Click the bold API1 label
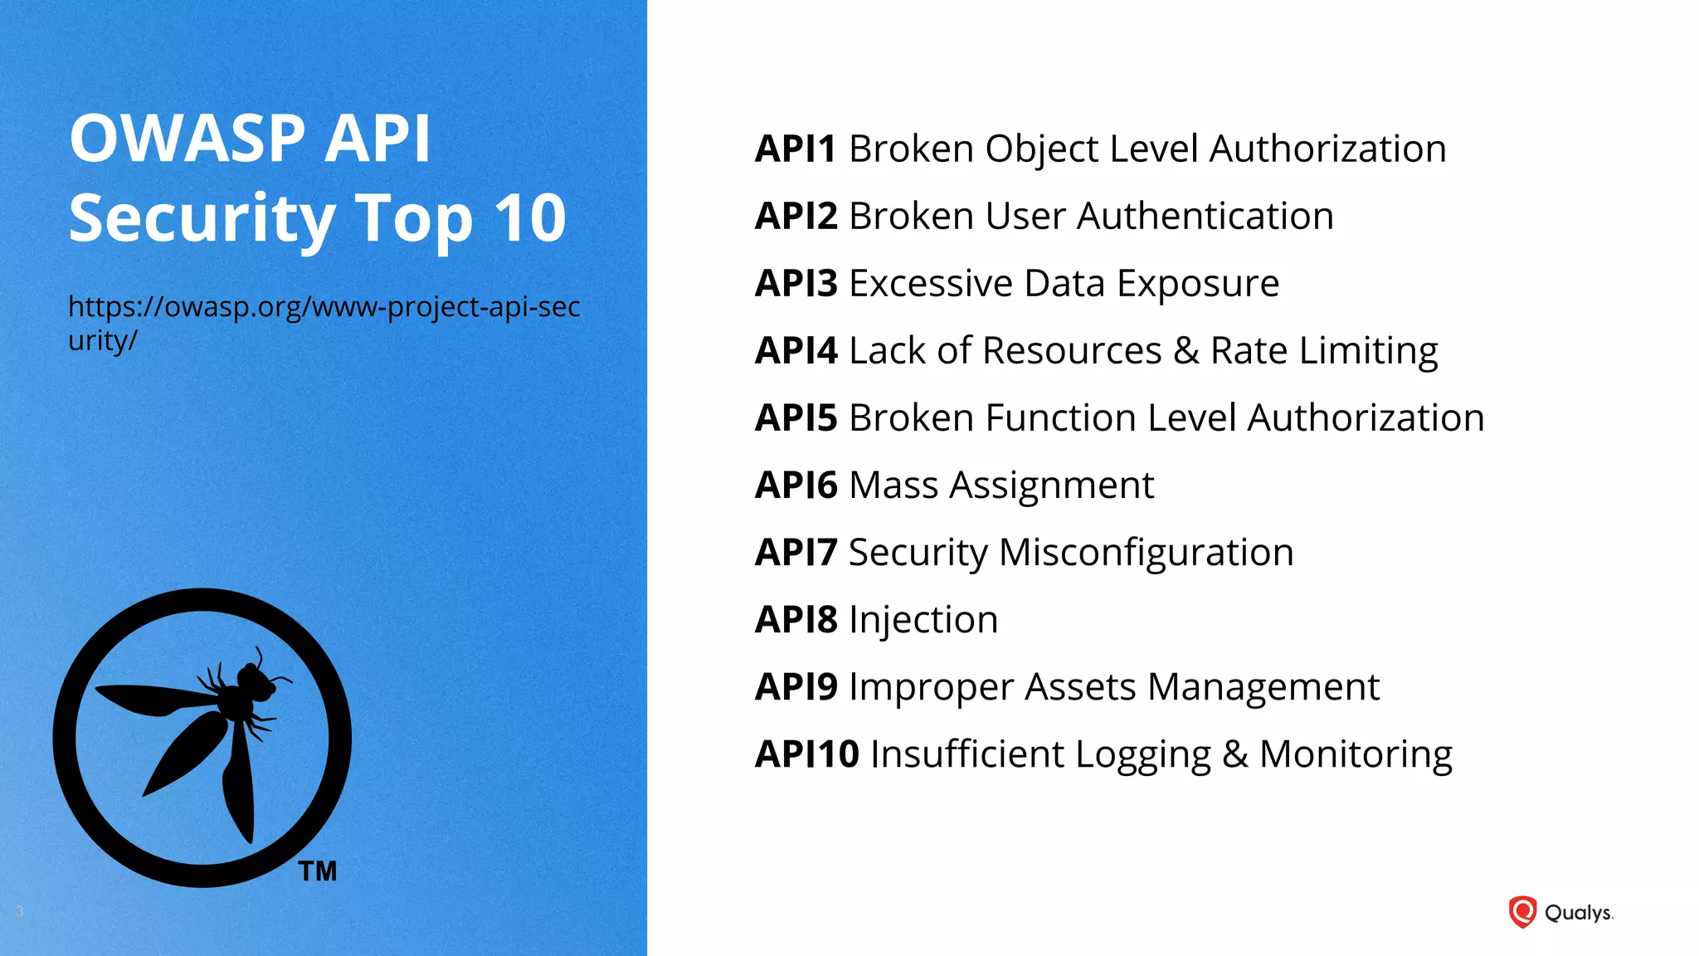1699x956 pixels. pos(795,149)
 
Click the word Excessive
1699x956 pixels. pos(930,284)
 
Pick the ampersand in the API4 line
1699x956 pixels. pos(1185,351)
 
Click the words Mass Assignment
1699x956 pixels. pos(1001,485)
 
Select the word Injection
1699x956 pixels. pos(923,621)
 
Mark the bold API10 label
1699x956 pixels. pos(806,754)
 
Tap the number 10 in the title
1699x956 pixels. pos(529,218)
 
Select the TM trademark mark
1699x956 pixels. pos(318,871)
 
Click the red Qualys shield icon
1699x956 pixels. pos(1522,912)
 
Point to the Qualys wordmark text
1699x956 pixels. pos(1578,913)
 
